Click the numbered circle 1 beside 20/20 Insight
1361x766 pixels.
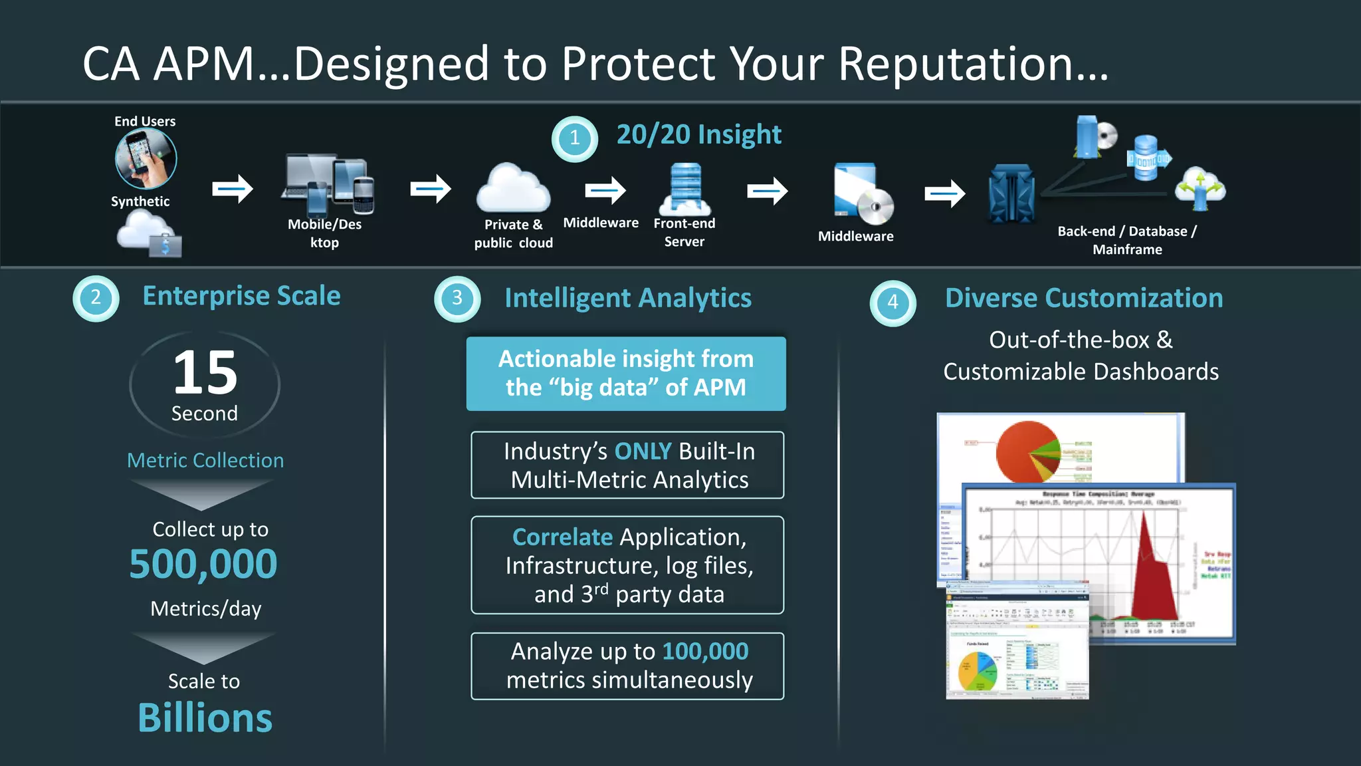pyautogui.click(x=575, y=139)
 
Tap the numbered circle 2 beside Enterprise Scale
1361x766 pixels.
pyautogui.click(x=96, y=298)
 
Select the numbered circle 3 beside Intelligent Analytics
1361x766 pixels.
pyautogui.click(x=457, y=299)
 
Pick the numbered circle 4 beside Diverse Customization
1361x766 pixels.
pyautogui.click(x=892, y=303)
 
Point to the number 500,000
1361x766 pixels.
pyautogui.click(x=203, y=565)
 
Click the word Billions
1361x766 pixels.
pyautogui.click(x=205, y=719)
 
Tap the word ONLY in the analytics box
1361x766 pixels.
pyautogui.click(x=643, y=451)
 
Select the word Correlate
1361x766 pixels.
pyautogui.click(x=562, y=537)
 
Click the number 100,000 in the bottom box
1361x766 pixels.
pyautogui.click(x=705, y=651)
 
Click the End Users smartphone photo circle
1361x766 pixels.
pyautogui.click(x=146, y=159)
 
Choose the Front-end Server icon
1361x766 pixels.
pyautogui.click(x=685, y=190)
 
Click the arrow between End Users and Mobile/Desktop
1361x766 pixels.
pyautogui.click(x=233, y=190)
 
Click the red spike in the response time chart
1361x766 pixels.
pyautogui.click(x=1155, y=572)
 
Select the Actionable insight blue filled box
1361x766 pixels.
pyautogui.click(x=626, y=374)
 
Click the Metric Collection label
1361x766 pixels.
pyautogui.click(x=205, y=460)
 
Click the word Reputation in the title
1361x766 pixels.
pyautogui.click(x=973, y=64)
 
